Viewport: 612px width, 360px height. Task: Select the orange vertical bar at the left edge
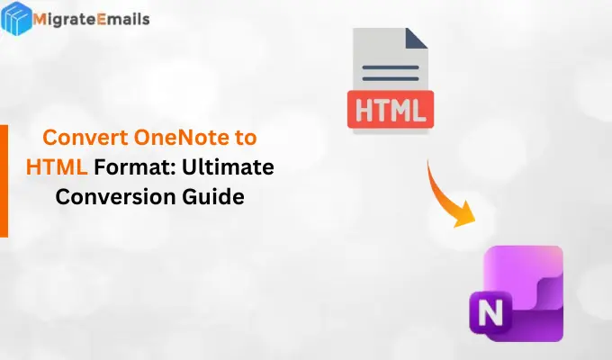pyautogui.click(x=4, y=180)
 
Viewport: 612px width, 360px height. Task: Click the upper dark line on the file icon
pyautogui.click(x=389, y=64)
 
